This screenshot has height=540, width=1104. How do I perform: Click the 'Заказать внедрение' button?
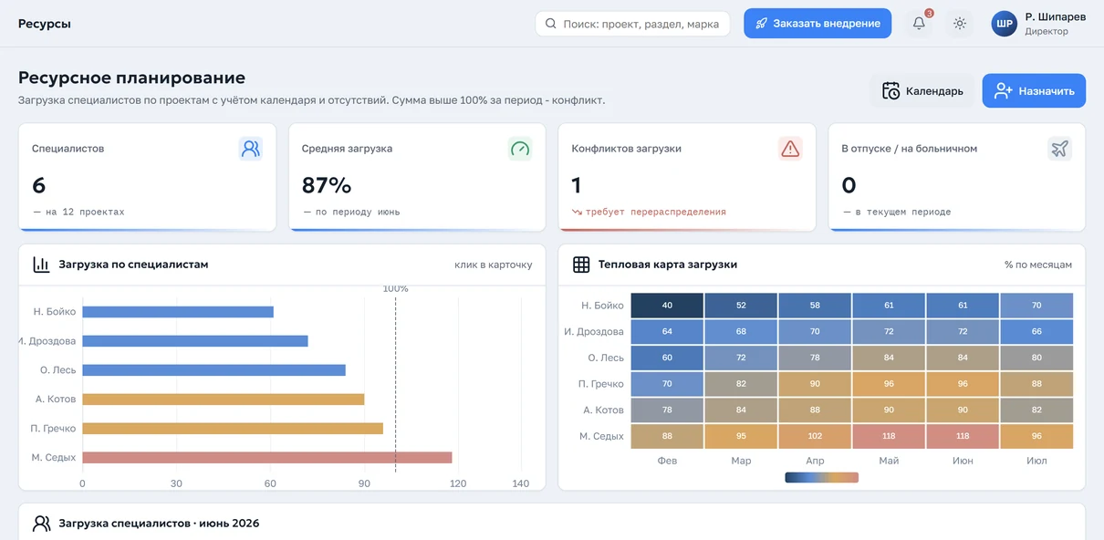pos(818,23)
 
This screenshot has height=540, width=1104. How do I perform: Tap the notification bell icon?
pos(919,23)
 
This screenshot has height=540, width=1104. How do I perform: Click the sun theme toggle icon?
pos(959,23)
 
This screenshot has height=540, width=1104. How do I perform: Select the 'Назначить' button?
pos(1034,90)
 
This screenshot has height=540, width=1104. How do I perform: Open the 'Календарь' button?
pos(922,90)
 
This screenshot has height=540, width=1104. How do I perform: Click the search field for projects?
pos(632,24)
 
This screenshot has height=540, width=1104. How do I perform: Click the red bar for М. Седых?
pos(267,457)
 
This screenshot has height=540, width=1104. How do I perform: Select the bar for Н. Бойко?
pos(178,312)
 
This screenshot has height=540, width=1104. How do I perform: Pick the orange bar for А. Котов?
pos(224,400)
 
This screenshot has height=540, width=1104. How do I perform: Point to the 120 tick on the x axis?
pos(458,483)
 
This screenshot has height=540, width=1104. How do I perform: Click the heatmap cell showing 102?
pos(815,436)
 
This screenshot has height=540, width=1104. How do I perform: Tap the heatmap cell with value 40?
pos(667,306)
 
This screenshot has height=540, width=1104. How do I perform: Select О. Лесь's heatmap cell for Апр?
pos(815,358)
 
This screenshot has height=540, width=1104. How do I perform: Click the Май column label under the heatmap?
pos(889,461)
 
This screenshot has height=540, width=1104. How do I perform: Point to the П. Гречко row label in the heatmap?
pos(600,384)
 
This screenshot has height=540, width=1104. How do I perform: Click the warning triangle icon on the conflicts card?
pos(790,149)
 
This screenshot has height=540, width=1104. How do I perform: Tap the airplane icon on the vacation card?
pos(1059,149)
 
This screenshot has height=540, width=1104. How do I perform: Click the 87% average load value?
pos(327,185)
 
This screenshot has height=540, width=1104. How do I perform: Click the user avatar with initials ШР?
pos(1005,24)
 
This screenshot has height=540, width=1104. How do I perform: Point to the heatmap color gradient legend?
pos(821,477)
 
